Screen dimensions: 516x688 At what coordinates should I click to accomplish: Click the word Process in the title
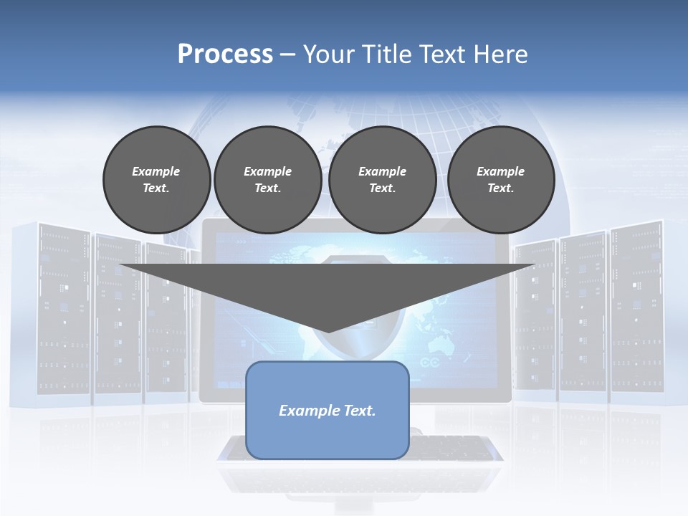click(225, 54)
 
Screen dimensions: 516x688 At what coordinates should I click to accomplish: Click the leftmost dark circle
click(156, 179)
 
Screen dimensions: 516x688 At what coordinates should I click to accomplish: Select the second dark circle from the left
click(267, 179)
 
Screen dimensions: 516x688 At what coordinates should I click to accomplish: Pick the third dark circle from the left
click(382, 179)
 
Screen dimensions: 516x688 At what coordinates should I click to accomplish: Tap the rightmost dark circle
click(500, 179)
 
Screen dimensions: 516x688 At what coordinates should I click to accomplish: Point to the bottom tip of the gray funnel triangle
click(328, 331)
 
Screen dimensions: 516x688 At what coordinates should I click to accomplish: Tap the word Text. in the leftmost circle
click(156, 188)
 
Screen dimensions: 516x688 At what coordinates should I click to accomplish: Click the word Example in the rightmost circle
click(500, 171)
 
